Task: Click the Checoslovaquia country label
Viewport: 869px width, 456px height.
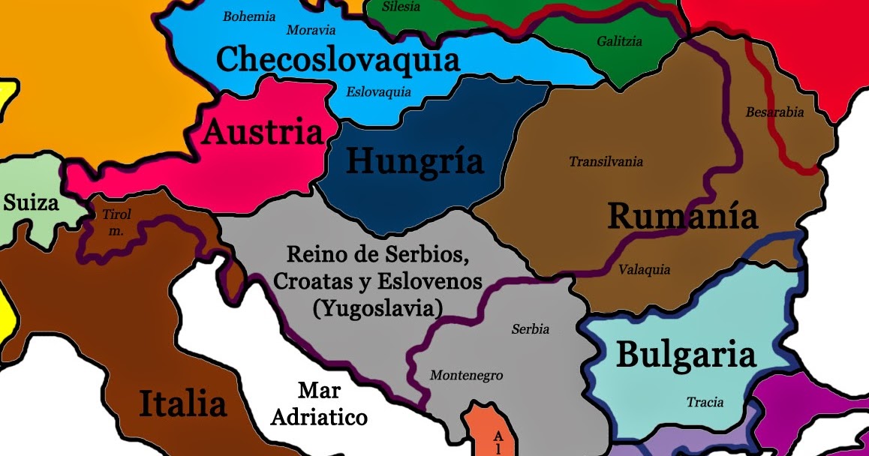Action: (x=338, y=59)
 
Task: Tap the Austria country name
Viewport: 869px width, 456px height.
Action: (x=263, y=133)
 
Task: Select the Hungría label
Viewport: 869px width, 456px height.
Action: (x=414, y=160)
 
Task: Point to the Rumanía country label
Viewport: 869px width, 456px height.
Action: (x=682, y=216)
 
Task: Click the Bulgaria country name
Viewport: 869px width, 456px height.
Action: (x=685, y=355)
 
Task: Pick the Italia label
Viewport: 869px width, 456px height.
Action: (x=182, y=404)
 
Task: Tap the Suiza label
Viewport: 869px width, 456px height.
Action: (x=31, y=202)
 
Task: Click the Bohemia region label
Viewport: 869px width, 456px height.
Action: (x=249, y=16)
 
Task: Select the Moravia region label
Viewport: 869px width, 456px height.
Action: (x=311, y=31)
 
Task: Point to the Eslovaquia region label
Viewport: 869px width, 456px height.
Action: (x=378, y=92)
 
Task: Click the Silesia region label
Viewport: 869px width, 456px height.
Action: (x=401, y=7)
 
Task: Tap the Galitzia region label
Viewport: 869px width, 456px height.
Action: (x=619, y=42)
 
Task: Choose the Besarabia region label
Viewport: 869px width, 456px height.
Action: (x=774, y=112)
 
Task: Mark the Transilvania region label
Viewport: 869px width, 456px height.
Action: (x=606, y=161)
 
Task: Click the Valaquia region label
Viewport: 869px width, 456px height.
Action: (x=644, y=270)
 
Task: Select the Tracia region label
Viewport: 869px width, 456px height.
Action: (x=705, y=403)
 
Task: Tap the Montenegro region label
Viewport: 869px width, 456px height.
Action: (x=466, y=376)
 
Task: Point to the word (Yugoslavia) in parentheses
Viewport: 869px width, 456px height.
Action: (x=378, y=307)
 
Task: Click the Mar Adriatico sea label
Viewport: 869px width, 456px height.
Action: (x=319, y=404)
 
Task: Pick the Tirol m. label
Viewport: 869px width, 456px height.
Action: (x=116, y=223)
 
